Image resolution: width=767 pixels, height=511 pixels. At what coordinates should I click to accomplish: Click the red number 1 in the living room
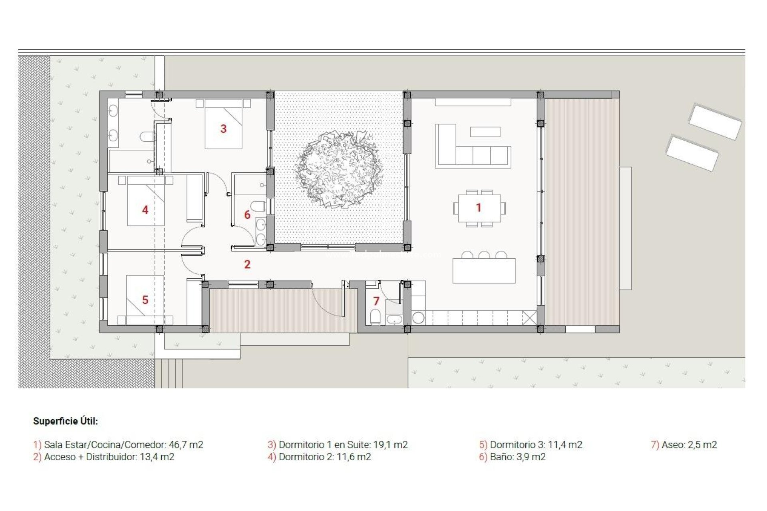click(x=478, y=208)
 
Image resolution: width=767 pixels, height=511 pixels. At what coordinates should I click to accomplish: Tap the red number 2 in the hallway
click(x=247, y=264)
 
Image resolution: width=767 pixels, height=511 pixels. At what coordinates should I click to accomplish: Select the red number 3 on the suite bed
click(x=223, y=129)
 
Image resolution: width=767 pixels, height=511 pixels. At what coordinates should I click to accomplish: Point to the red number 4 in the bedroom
click(x=145, y=210)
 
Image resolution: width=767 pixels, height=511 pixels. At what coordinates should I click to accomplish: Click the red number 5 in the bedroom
click(x=145, y=300)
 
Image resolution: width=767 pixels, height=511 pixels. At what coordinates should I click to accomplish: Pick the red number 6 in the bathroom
click(x=247, y=215)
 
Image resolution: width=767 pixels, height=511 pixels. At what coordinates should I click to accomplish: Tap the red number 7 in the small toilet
click(x=376, y=301)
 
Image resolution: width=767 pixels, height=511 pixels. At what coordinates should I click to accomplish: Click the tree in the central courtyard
click(x=338, y=169)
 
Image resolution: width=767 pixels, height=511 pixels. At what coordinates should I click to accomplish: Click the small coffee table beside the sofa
click(x=485, y=132)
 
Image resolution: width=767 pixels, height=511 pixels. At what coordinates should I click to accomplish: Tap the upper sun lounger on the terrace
click(x=715, y=121)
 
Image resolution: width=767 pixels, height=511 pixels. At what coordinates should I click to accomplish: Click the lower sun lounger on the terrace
click(x=692, y=153)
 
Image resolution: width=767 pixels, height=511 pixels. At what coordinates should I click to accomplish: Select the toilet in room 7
click(x=376, y=317)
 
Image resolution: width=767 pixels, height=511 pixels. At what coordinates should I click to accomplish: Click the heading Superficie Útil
click(x=66, y=421)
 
